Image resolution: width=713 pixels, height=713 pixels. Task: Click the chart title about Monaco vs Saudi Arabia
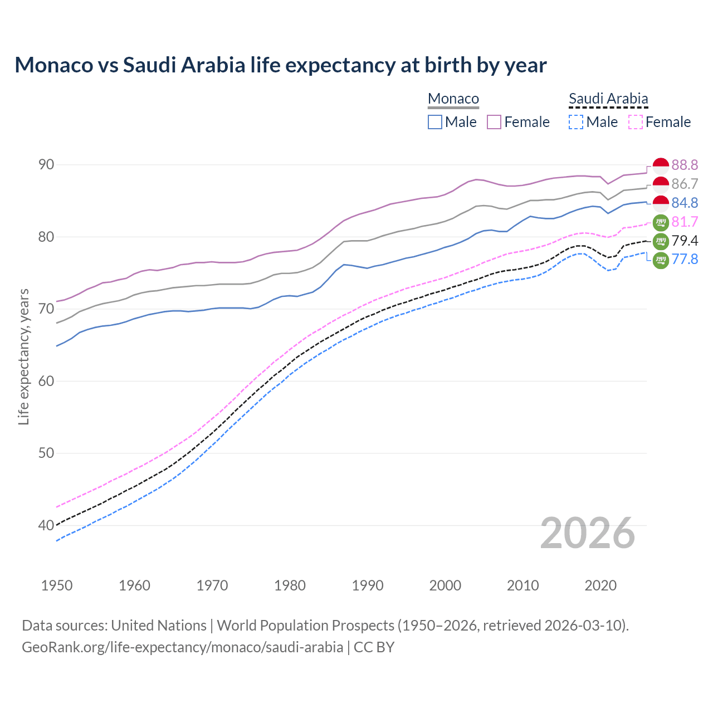[280, 65]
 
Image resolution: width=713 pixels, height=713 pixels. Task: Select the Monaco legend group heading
[453, 99]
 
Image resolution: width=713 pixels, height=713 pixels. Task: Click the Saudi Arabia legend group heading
[608, 99]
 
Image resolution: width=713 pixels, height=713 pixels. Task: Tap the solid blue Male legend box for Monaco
[435, 122]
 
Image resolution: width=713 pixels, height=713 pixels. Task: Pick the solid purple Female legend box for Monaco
[494, 122]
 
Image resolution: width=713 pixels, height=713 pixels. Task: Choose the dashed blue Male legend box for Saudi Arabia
[576, 122]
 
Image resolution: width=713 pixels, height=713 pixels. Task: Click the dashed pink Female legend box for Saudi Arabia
[636, 122]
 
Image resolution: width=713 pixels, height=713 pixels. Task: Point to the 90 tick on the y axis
[46, 164]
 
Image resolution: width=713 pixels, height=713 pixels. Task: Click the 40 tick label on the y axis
[46, 525]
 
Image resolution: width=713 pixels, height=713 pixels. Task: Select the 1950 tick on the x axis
[57, 585]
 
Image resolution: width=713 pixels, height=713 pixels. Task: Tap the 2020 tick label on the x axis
[600, 585]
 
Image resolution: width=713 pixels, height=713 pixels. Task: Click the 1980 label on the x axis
[290, 585]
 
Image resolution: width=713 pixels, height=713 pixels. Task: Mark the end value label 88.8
[685, 165]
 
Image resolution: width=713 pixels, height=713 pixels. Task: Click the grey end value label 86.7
[685, 184]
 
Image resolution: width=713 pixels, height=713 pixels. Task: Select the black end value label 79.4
[685, 241]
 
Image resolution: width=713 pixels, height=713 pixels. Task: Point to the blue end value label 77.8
[685, 259]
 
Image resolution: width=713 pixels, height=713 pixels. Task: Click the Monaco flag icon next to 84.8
[661, 203]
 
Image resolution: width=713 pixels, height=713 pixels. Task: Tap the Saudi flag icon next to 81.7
[661, 222]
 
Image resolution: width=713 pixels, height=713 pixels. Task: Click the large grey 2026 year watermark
[587, 533]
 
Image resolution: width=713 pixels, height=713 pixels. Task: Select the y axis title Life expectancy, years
[24, 356]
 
